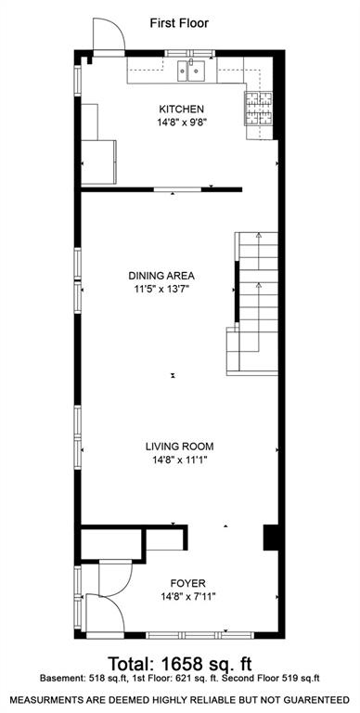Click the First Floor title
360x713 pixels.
point(180,22)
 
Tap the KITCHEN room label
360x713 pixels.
point(181,109)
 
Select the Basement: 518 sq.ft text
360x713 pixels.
point(75,681)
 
